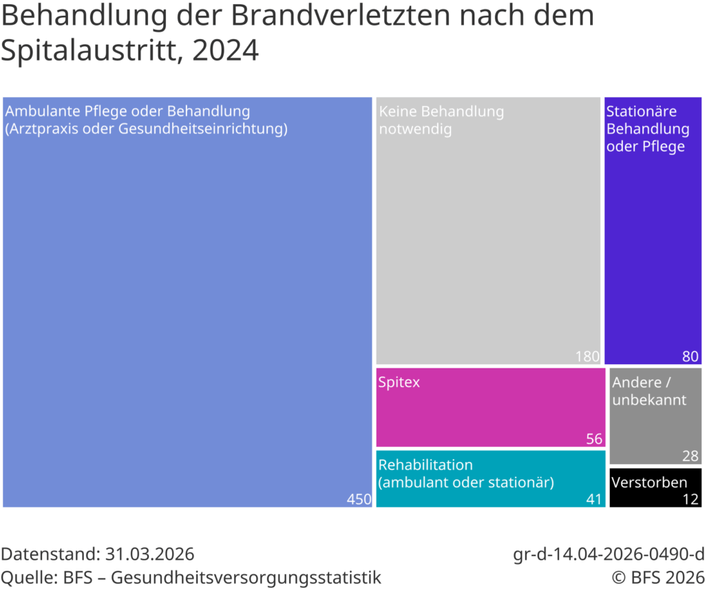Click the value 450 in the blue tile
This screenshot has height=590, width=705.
359,499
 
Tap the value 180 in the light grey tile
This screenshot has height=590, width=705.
587,356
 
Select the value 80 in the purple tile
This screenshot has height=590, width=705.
690,356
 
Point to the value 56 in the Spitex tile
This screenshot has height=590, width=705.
593,439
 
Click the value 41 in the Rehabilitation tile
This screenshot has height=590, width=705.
593,499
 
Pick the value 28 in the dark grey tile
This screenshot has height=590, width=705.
690,456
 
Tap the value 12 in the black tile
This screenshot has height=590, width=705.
690,499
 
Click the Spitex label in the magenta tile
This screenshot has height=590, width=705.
399,382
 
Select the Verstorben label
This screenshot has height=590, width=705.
649,482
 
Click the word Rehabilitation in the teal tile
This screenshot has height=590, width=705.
425,465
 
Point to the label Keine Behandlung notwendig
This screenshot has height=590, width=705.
441,120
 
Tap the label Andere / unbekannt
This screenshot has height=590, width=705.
649,391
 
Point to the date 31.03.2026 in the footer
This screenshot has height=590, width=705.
149,554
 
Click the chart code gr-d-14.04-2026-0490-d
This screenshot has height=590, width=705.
609,554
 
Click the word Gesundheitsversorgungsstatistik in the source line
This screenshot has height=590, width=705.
246,576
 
